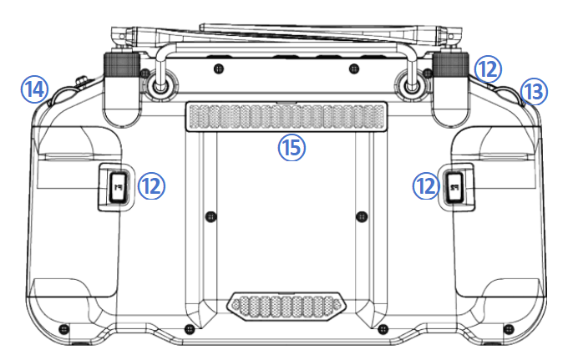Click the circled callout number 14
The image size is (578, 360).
click(34, 89)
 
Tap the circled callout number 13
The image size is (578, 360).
click(534, 92)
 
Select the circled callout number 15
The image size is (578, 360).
click(292, 148)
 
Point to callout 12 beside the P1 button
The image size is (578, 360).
click(151, 185)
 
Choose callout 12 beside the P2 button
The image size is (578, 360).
click(426, 185)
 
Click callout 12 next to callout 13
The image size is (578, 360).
click(488, 69)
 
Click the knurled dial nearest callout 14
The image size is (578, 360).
click(121, 65)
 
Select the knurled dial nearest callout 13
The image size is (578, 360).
click(451, 65)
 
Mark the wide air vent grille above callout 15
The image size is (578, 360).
click(286, 117)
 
